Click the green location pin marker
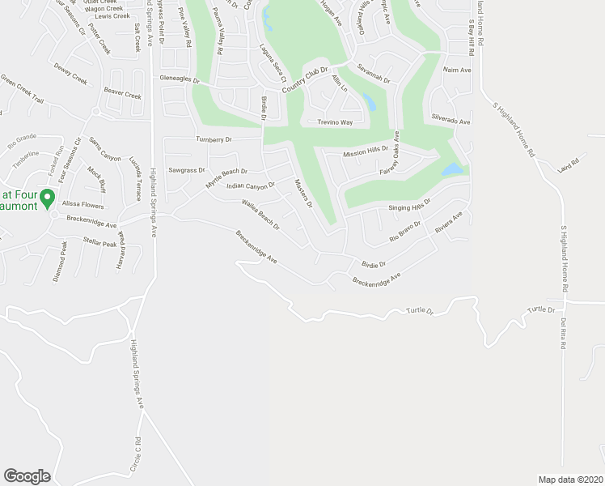[x=47, y=197]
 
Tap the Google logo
[x=27, y=476]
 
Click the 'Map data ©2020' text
[x=570, y=479]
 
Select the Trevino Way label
[x=334, y=122]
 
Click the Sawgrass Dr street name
[x=187, y=170]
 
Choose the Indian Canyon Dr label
[x=251, y=185]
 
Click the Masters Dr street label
[x=303, y=194]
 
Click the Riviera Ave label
[x=448, y=223]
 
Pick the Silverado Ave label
[x=451, y=121]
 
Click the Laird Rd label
[x=569, y=164]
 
